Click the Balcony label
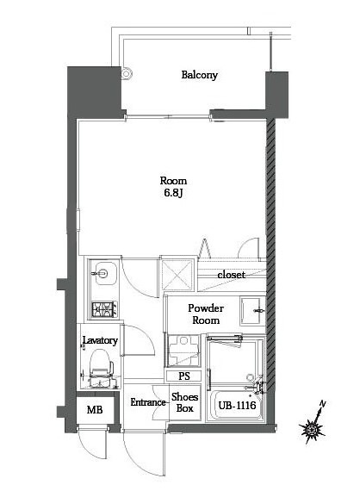pos(200,75)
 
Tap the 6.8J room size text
pos(173,193)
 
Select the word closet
pos(231,275)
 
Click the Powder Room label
pos(206,314)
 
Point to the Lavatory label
pos(100,340)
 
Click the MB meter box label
pos(95,409)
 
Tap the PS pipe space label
pos(184,376)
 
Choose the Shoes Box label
pos(184,402)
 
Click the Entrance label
pos(148,402)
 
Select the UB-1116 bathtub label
pos(237,406)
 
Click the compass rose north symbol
pos(312,428)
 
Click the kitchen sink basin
pos(106,273)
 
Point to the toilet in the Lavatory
pos(101,369)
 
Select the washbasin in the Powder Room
pos(252,311)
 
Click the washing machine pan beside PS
pos(183,351)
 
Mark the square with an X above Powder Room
pos(177,275)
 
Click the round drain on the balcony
pos(126,74)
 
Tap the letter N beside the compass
pos(322,404)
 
